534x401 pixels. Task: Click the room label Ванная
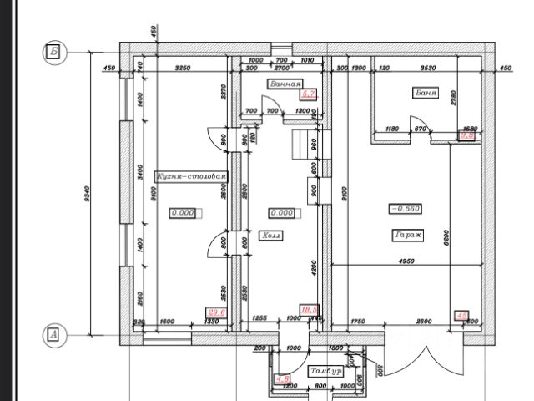285,84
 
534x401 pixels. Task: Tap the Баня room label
426,93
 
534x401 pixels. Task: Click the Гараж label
407,236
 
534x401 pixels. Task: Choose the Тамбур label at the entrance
325,370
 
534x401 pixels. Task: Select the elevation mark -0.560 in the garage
406,208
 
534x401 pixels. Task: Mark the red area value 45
461,316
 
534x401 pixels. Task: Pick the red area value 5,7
309,94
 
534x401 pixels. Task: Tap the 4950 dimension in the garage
406,261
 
